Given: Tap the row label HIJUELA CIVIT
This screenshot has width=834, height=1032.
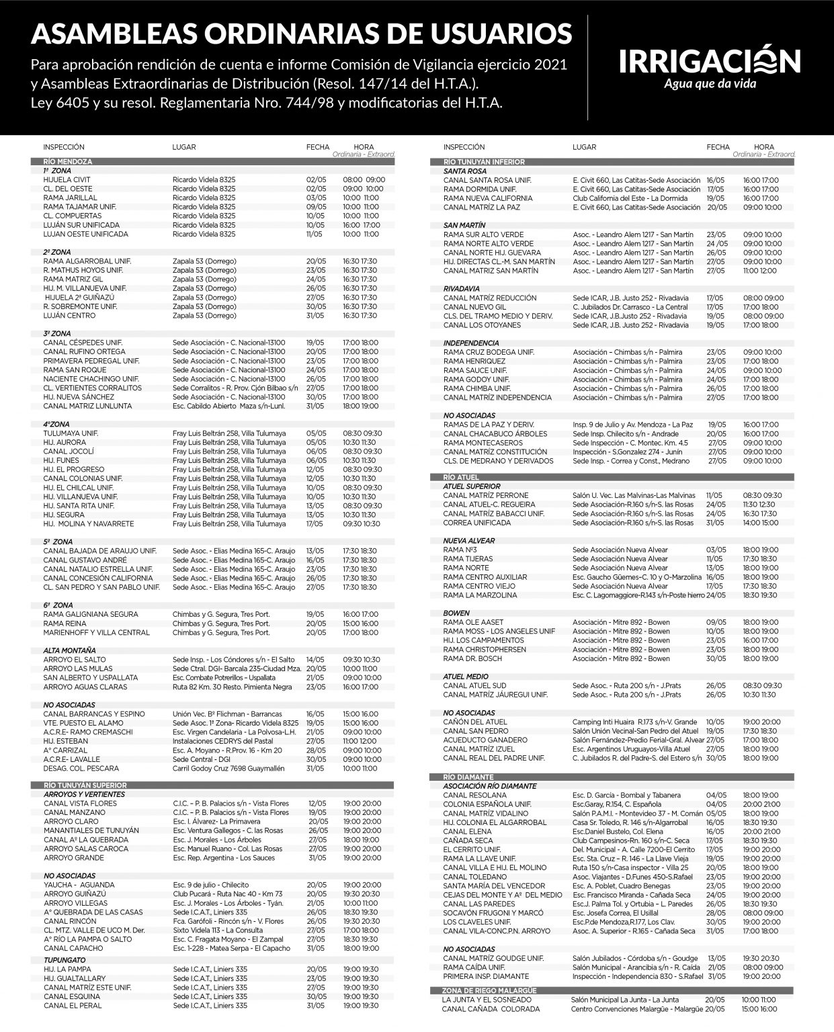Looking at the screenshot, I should pyautogui.click(x=67, y=180).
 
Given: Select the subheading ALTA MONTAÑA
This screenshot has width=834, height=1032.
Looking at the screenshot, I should pyautogui.click(x=69, y=650).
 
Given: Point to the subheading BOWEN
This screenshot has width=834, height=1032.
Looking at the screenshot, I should pyautogui.click(x=456, y=613).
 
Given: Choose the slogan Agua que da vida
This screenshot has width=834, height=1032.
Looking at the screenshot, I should pyautogui.click(x=710, y=84).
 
